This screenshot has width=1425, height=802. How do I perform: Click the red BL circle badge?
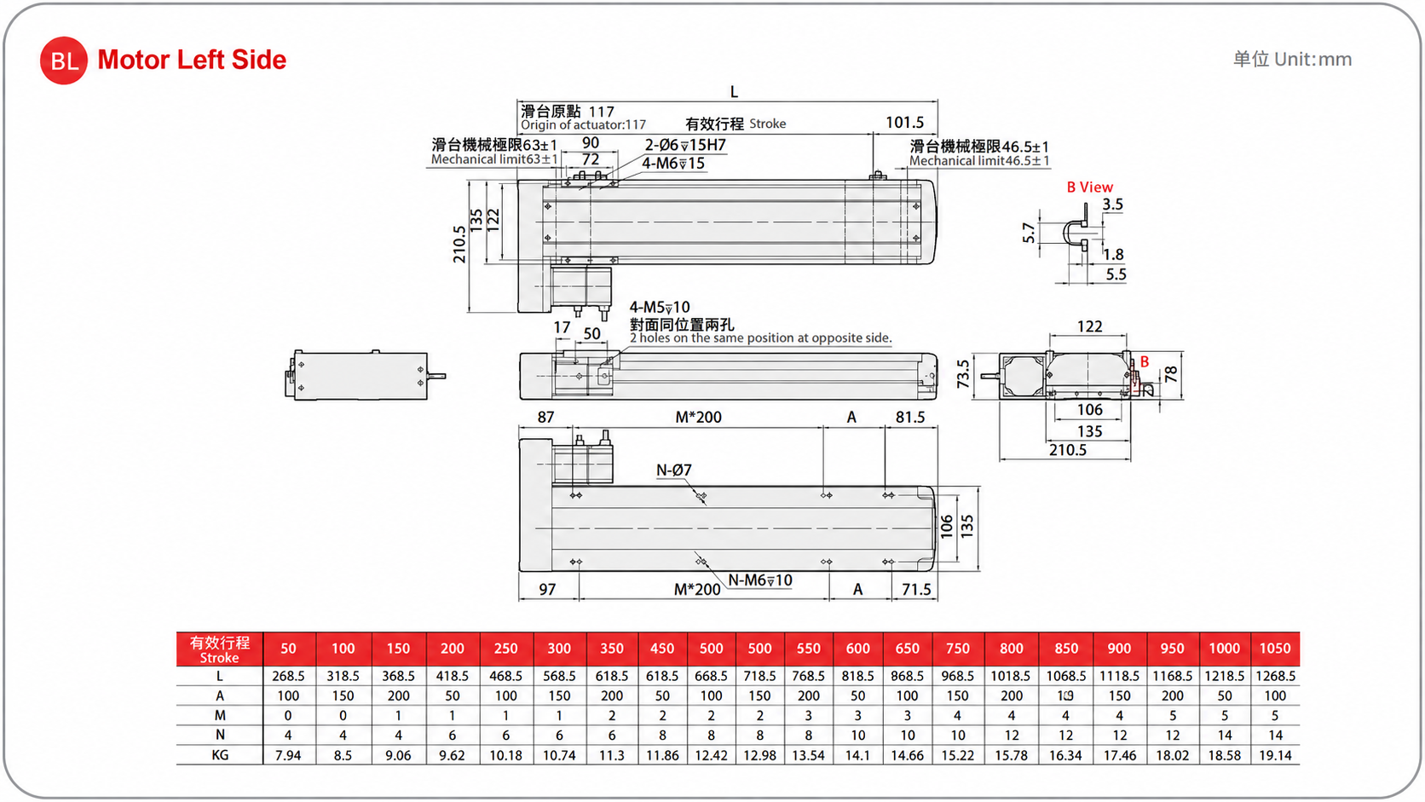click(64, 61)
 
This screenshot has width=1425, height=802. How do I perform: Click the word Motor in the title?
click(134, 60)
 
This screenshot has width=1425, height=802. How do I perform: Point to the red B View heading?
click(1090, 187)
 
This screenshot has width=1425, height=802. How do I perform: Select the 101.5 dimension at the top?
click(904, 122)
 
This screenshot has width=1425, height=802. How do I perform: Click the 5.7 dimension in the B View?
click(1028, 233)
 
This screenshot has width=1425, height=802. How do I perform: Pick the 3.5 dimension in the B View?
click(1113, 205)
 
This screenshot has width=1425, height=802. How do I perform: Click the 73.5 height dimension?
click(963, 374)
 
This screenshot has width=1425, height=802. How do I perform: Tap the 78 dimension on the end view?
click(1170, 374)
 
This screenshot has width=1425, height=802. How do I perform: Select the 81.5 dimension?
click(910, 418)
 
